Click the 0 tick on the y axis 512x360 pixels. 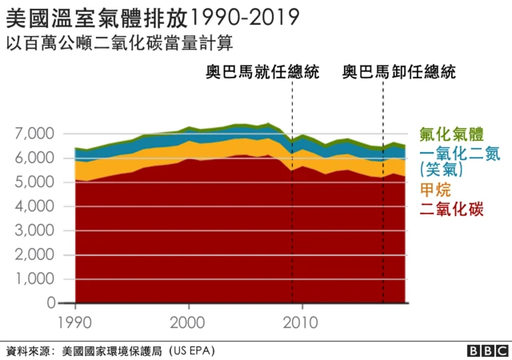click(x=50, y=303)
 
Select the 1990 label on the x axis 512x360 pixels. click(x=76, y=323)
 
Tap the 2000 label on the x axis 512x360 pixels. click(x=190, y=323)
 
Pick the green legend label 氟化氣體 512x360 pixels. click(x=452, y=134)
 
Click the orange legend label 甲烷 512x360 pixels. click(x=435, y=190)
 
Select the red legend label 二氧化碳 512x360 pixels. click(x=452, y=210)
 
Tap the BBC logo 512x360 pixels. click(x=488, y=350)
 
